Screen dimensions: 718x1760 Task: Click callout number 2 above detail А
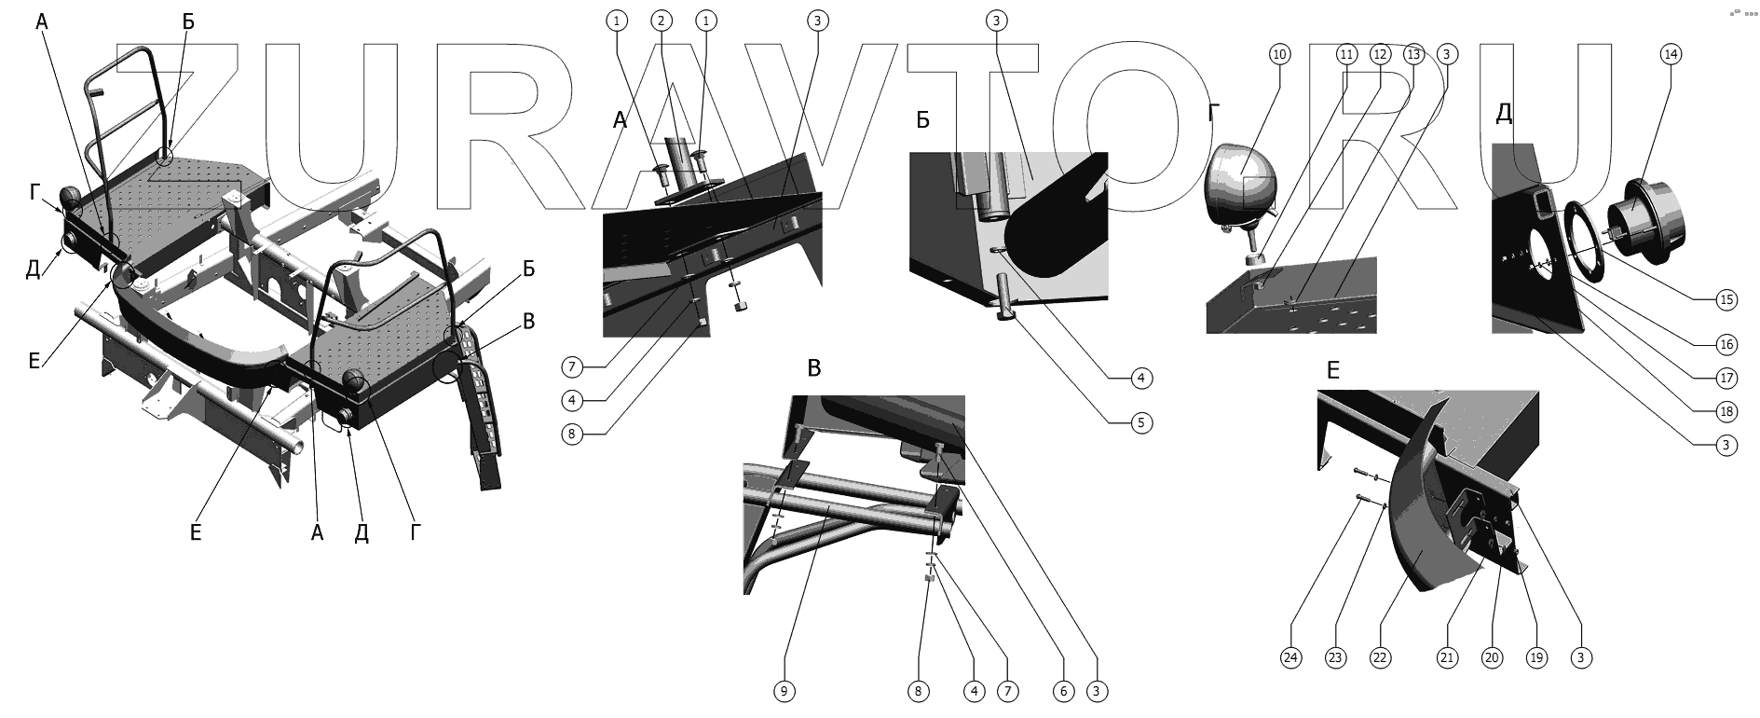click(x=661, y=20)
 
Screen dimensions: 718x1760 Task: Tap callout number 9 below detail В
click(x=784, y=691)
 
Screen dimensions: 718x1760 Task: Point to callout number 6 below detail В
click(x=1062, y=691)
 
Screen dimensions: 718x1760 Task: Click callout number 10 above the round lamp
click(x=1279, y=54)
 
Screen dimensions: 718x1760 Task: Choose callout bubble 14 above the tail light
click(x=1671, y=54)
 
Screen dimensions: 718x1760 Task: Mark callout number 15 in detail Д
click(x=1727, y=299)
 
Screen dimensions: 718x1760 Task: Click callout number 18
click(x=1727, y=411)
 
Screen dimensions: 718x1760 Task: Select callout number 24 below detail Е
click(x=1290, y=657)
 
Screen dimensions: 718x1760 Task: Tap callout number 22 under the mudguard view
click(x=1380, y=657)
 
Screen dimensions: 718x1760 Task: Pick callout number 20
click(x=1492, y=657)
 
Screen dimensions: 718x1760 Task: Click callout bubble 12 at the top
click(x=1380, y=54)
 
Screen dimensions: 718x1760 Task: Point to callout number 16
click(x=1727, y=344)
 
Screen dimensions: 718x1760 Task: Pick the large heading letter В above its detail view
click(x=814, y=367)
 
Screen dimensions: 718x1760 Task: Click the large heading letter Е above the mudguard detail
click(x=1333, y=370)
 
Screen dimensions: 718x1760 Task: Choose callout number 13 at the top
click(x=1413, y=54)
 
